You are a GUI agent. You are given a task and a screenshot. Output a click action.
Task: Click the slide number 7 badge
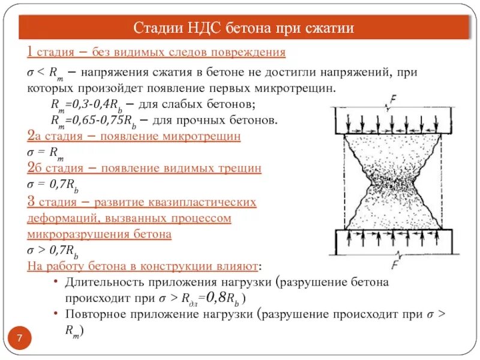pos(19,340)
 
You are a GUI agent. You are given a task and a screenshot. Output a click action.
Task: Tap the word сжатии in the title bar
pos(328,28)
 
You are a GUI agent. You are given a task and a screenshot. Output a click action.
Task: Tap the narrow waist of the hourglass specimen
pos(392,183)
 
